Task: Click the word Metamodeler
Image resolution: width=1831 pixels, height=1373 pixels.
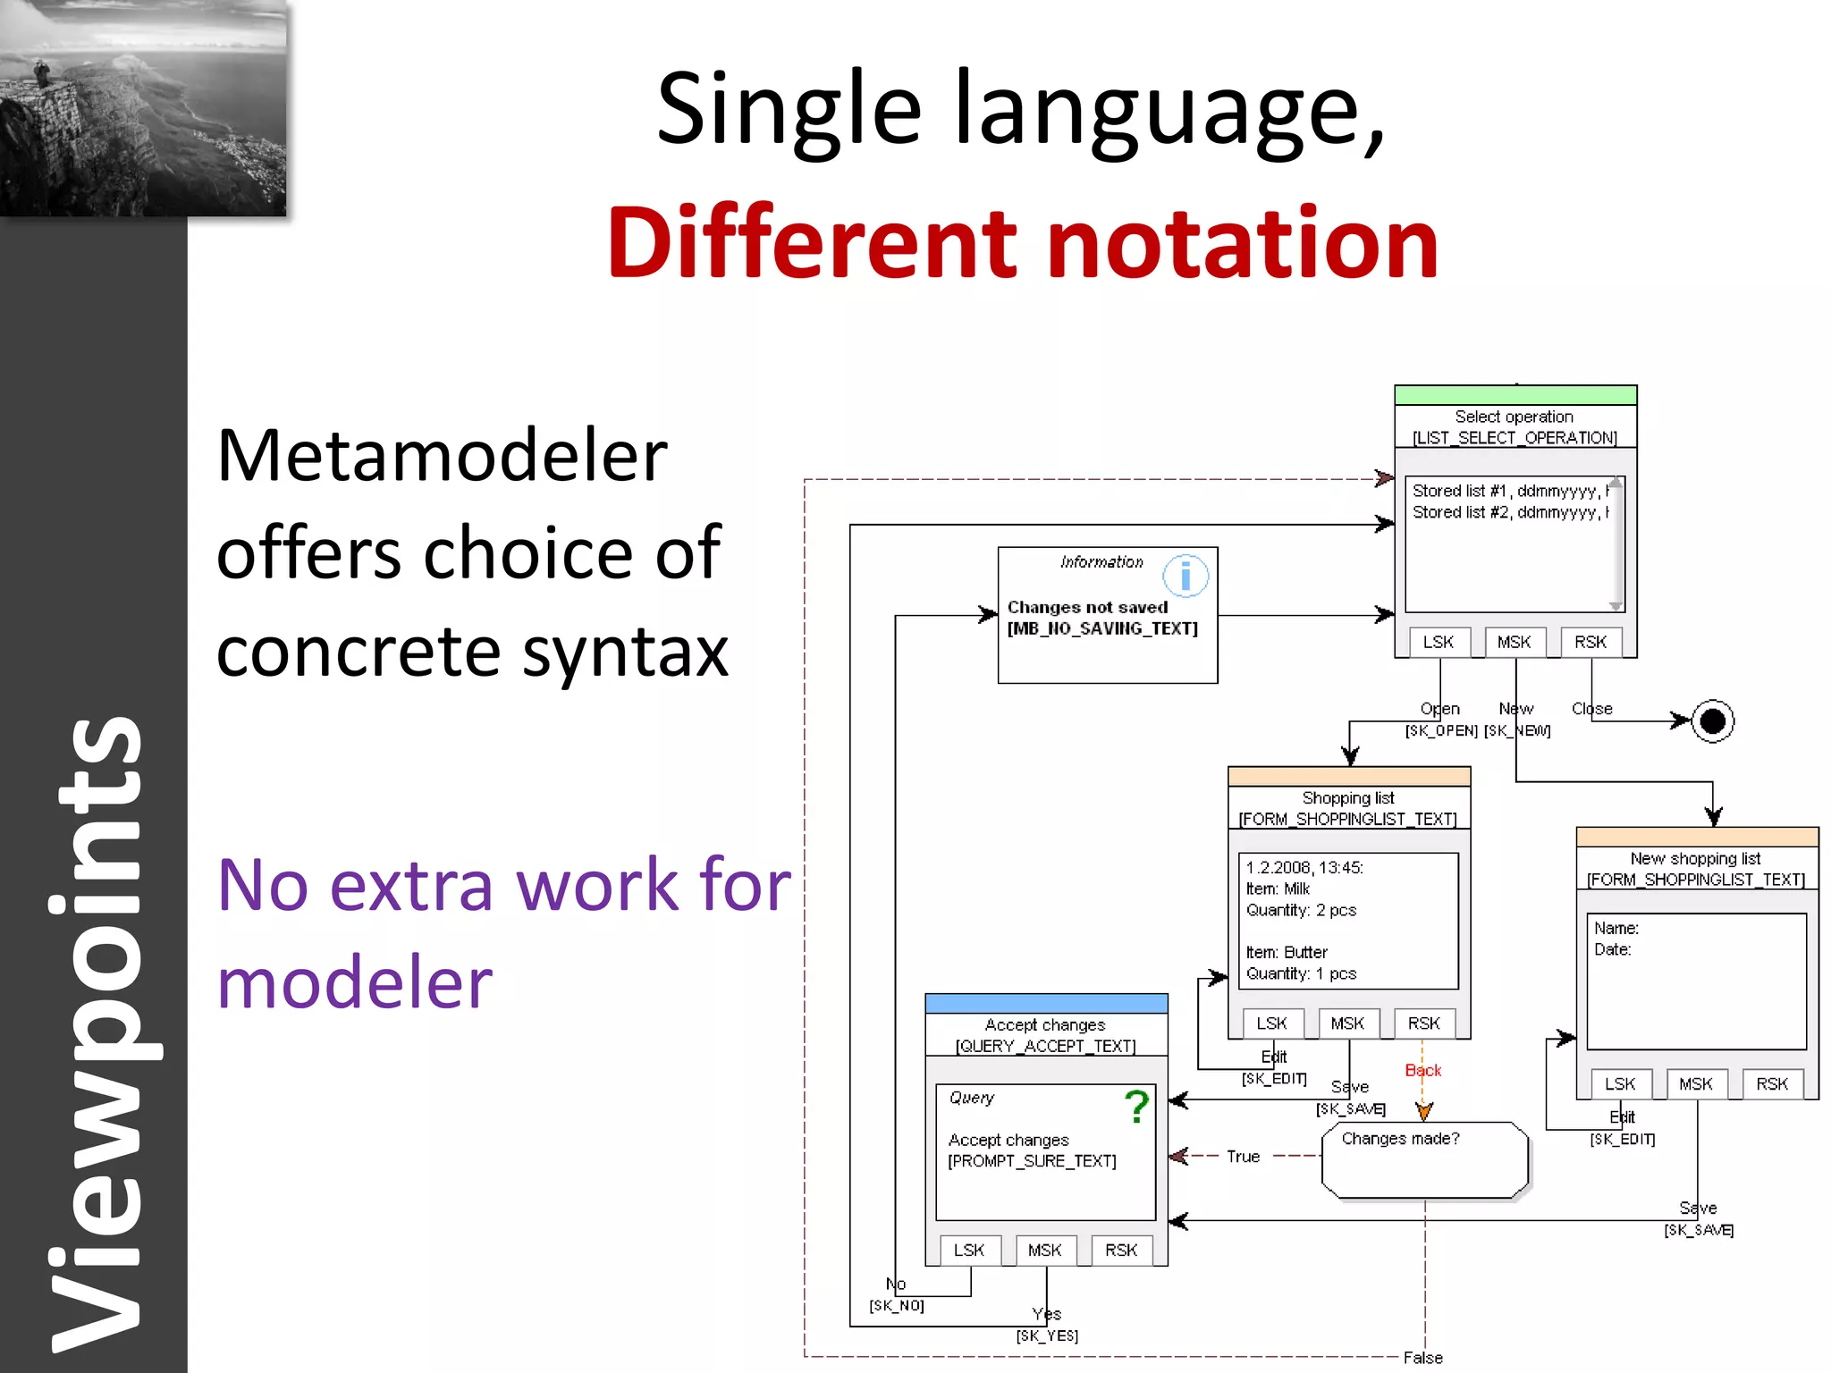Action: (442, 457)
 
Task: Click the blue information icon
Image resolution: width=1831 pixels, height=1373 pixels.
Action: (1186, 577)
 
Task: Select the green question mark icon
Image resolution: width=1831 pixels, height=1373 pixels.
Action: (1136, 1107)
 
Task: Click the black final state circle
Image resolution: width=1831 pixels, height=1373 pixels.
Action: (1712, 721)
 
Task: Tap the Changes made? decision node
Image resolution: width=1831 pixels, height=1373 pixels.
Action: (1424, 1159)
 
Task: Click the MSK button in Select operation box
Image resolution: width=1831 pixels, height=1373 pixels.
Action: (1514, 642)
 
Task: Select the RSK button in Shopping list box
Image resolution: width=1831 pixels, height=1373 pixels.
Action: (1423, 1023)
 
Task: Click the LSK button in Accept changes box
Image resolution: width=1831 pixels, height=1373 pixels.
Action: (969, 1251)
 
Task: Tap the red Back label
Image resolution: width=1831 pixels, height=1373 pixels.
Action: (1422, 1071)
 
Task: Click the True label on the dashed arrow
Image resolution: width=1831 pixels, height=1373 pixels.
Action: (1243, 1157)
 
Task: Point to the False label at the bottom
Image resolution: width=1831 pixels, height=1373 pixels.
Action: (1422, 1358)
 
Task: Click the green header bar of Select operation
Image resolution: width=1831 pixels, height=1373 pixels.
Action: (1515, 395)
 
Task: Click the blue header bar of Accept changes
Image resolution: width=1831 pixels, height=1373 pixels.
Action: (1046, 1003)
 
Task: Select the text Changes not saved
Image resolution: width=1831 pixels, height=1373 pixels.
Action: (1087, 607)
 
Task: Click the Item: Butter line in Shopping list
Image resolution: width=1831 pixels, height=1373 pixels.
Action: (1287, 952)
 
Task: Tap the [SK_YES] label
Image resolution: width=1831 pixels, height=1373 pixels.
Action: (1047, 1335)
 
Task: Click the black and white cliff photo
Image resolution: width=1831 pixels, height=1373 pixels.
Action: (143, 107)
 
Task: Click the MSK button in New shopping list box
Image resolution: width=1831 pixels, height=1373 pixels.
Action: (1695, 1084)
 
